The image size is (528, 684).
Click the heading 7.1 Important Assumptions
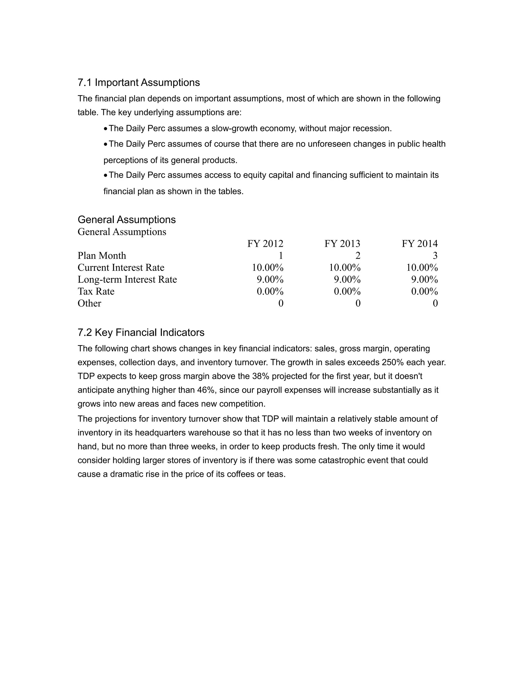[x=138, y=82]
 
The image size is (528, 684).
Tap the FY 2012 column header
[x=265, y=244]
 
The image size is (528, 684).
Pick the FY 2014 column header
[x=419, y=244]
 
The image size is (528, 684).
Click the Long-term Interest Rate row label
[x=127, y=279]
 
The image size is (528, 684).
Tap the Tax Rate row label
[x=96, y=291]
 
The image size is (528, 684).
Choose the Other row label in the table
[x=89, y=303]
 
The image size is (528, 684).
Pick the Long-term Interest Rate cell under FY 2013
[x=347, y=279]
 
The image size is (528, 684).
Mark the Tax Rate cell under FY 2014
[x=424, y=291]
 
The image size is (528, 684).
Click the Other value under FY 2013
[x=358, y=303]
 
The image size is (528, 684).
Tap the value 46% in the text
[x=205, y=390]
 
